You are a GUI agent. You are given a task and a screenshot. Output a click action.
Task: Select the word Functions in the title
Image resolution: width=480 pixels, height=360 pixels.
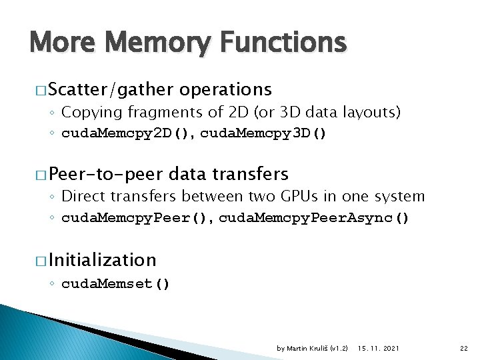pos(279,43)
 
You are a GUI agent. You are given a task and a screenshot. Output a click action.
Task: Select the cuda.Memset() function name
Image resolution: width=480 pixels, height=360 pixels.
pos(115,284)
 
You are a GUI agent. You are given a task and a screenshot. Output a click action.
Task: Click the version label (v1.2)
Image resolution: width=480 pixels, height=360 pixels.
pos(339,348)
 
